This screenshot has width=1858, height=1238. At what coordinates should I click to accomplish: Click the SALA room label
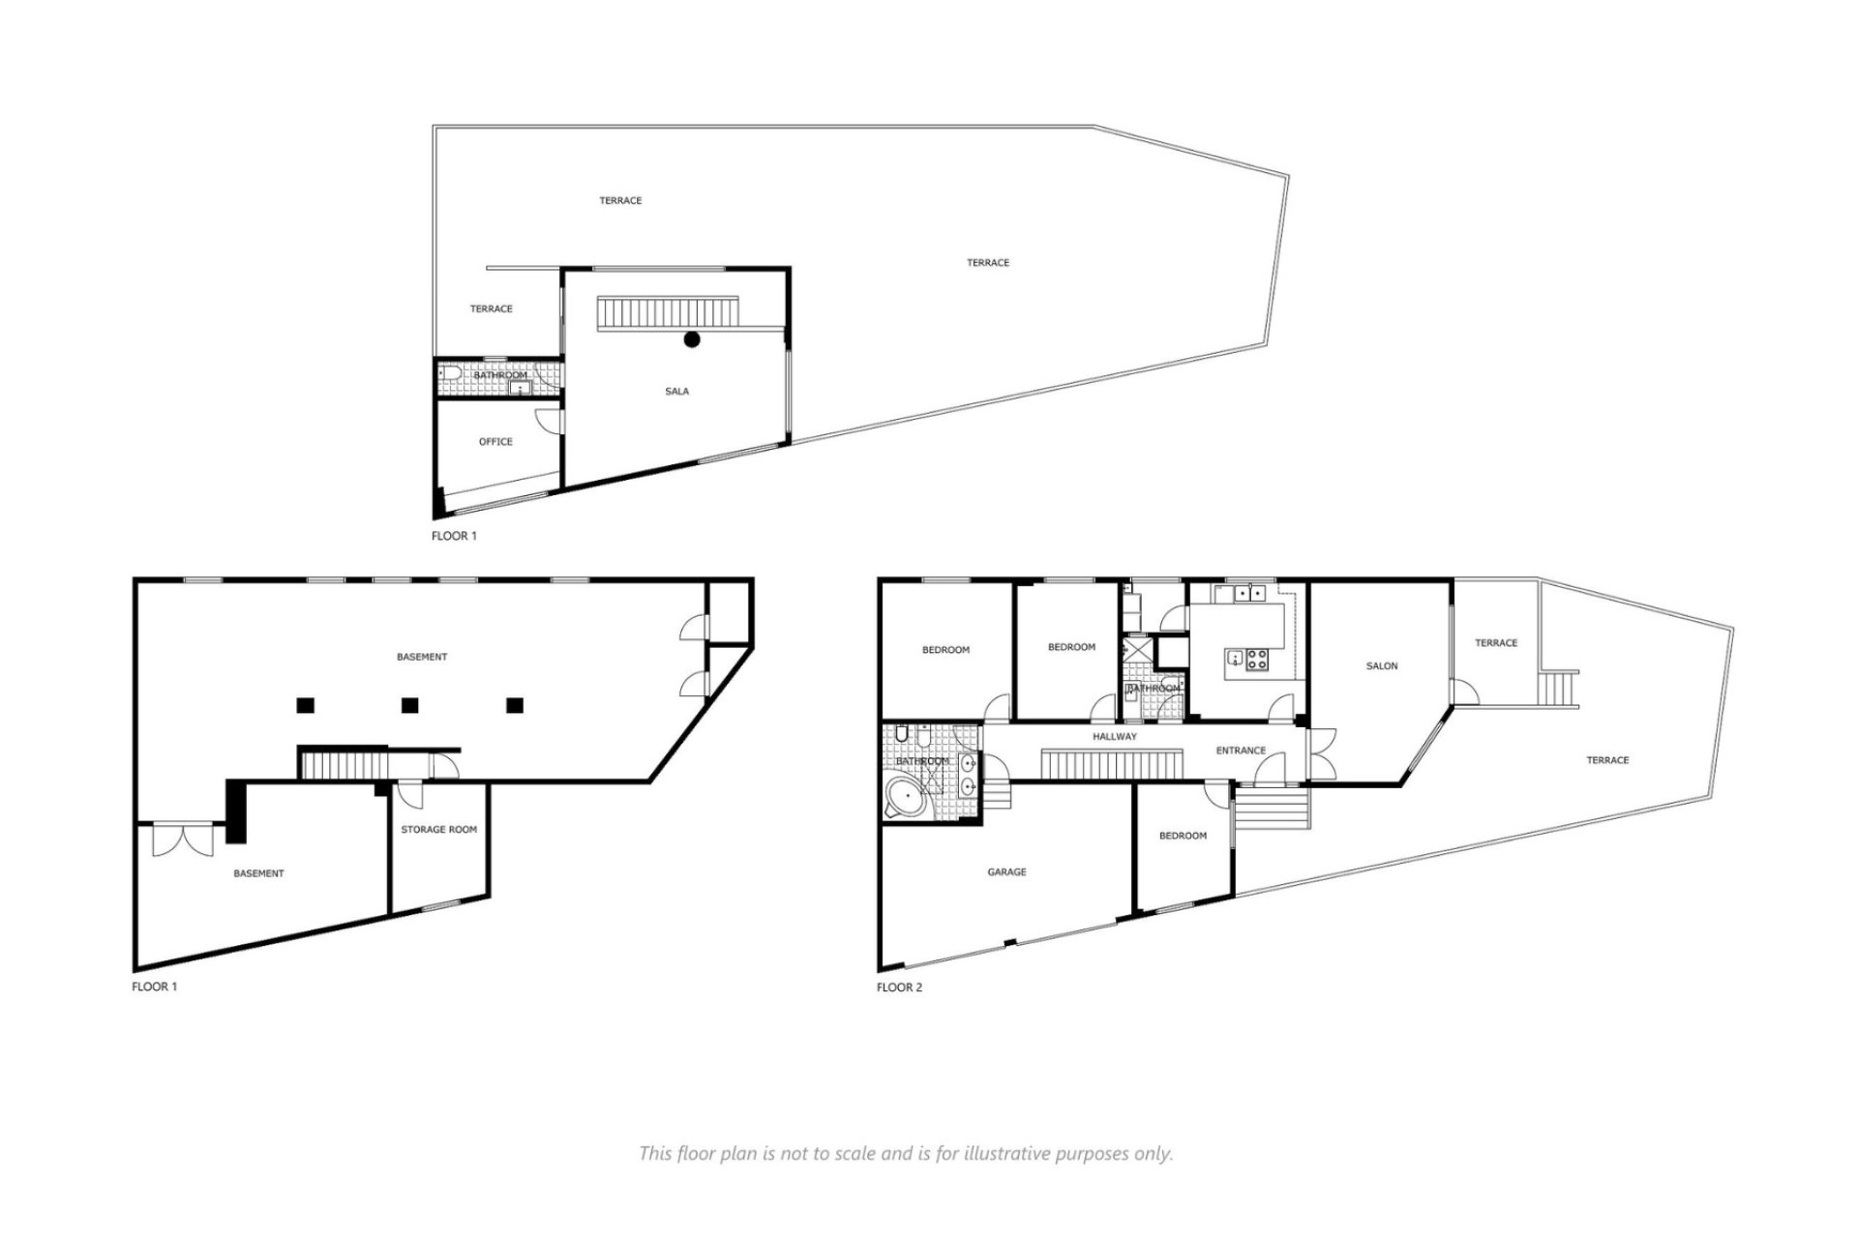pos(676,392)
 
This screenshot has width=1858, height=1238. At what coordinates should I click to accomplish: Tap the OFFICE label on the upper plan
pos(495,442)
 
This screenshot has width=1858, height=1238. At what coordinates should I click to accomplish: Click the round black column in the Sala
pos(692,339)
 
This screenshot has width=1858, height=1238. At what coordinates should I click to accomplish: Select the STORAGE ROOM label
pos(438,830)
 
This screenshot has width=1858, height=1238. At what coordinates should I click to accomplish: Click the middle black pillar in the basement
pos(409,705)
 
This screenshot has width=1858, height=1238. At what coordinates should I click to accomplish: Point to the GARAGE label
pos(1006,872)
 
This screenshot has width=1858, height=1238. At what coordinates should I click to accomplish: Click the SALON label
pos(1381,666)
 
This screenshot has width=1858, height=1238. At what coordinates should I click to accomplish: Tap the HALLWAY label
pos(1115,737)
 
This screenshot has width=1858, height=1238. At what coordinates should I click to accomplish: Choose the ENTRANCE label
pos(1241,751)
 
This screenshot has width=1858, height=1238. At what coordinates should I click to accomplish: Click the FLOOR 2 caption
pos(899,987)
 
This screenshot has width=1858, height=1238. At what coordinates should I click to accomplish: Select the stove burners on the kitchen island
pos(1258,661)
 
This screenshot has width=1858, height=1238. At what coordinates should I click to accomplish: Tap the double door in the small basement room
pos(183,839)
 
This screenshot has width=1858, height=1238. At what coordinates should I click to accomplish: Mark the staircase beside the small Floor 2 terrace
pos(1558,690)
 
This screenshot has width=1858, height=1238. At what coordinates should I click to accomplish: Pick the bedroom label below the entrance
pos(1183,836)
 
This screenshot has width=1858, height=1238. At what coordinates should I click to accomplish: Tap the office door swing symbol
pos(548,420)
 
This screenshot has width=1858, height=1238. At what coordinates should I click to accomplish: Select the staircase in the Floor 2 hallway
pos(1112,763)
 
